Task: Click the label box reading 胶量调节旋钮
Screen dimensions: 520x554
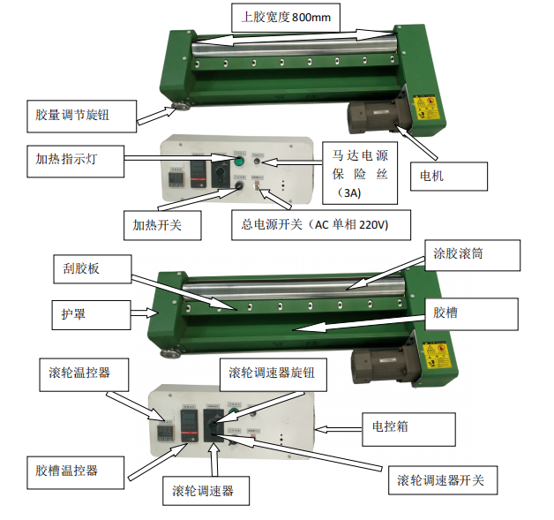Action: point(84,115)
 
